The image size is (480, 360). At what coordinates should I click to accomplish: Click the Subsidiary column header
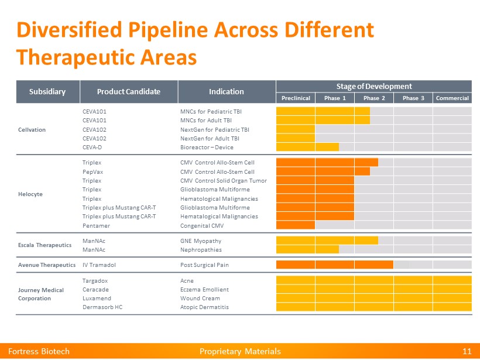[x=47, y=92]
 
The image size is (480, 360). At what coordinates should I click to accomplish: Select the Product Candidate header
[x=128, y=92]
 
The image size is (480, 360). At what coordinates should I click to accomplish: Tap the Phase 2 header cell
[x=374, y=98]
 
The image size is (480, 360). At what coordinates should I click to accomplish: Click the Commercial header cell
[x=452, y=98]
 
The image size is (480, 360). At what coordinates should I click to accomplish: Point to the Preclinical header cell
[x=296, y=98]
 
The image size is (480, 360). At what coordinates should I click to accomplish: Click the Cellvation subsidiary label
[x=32, y=129]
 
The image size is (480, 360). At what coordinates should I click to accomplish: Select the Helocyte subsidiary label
[x=30, y=194]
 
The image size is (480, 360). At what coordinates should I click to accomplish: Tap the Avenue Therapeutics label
[x=47, y=265]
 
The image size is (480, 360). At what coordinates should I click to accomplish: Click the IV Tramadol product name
[x=99, y=265]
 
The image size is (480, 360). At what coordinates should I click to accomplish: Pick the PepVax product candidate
[x=92, y=172]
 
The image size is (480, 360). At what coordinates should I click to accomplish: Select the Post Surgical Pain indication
[x=204, y=265]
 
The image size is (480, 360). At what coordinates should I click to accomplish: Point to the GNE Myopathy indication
[x=201, y=241]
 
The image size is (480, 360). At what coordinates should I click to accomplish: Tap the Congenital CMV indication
[x=202, y=225]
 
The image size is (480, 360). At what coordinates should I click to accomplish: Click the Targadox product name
[x=95, y=280]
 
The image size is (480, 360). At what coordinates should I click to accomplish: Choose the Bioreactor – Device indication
[x=207, y=148]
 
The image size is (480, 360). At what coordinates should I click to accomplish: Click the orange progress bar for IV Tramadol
[x=334, y=265]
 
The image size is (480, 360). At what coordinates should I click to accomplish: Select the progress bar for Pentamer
[x=295, y=225]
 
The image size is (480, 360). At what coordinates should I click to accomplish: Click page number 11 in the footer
[x=467, y=351]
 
